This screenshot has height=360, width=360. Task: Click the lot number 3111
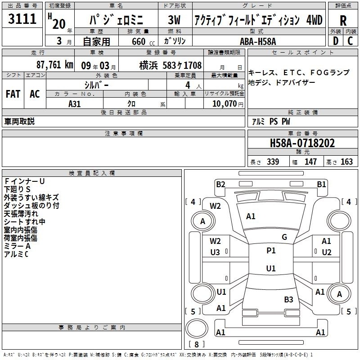pos(22,18)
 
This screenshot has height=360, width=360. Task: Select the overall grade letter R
pos(343,21)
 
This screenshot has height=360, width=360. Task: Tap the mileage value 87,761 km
pos(54,65)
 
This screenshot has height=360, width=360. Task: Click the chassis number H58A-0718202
pos(302,143)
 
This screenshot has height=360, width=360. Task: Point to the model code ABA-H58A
pos(258,41)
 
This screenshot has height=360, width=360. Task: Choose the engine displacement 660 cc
pos(143,41)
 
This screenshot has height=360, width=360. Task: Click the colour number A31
pos(74,104)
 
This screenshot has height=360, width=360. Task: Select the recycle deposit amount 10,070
pos(224,103)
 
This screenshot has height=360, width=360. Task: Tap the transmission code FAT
pos(13,94)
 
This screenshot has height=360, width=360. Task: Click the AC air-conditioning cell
pos(35,94)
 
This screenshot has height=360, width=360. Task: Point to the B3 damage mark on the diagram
pos(288,299)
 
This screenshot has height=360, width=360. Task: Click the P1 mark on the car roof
pos(271,250)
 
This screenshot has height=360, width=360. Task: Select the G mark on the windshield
pos(284,237)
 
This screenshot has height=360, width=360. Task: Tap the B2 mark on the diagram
pos(220,184)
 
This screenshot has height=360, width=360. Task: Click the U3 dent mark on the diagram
pos(215,252)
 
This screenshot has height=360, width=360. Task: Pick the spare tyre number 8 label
pos(197,344)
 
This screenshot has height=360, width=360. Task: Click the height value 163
pos(346,162)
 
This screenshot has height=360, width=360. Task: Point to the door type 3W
pos(174,20)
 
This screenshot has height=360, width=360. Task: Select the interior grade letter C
pos(350,41)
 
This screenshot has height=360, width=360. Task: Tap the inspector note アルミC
pos(16,254)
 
